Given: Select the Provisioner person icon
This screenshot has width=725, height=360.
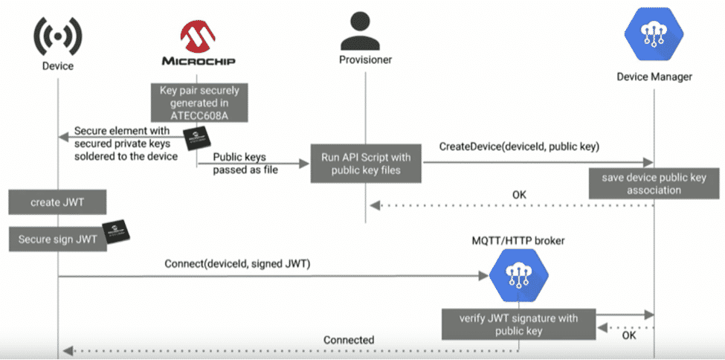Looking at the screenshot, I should pyautogui.click(x=364, y=29).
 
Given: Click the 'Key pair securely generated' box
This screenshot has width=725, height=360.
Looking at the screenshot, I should pyautogui.click(x=199, y=102).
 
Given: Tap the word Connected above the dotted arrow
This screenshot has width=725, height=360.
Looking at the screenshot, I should pyautogui.click(x=348, y=340).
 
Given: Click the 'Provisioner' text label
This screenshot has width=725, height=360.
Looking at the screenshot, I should pyautogui.click(x=364, y=60).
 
